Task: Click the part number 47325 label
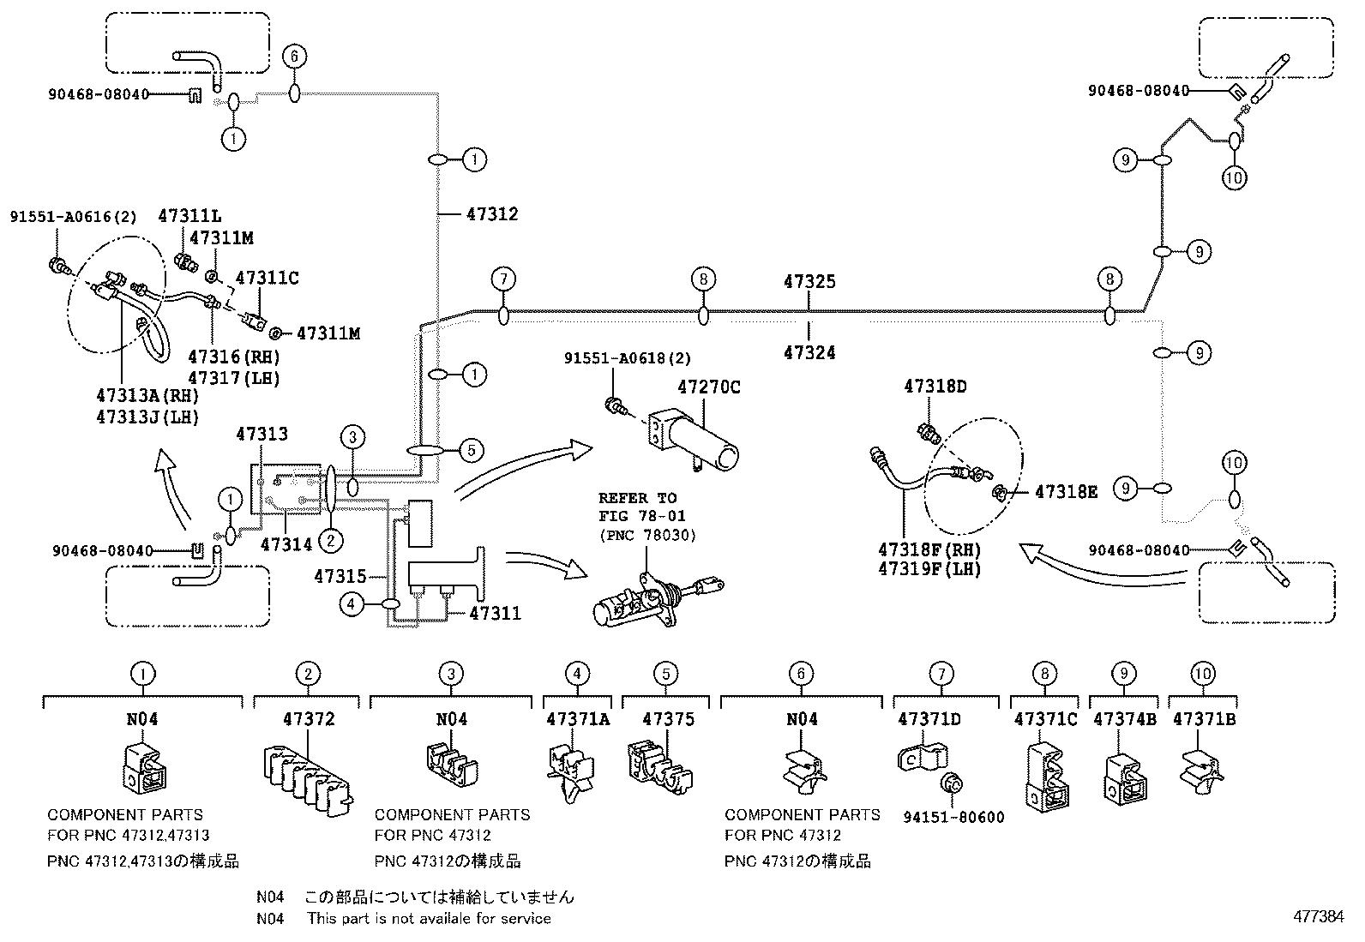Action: pos(809,281)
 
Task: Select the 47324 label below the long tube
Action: pos(809,352)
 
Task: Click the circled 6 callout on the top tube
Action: pos(293,57)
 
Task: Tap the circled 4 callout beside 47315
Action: pos(351,604)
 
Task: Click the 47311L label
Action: pos(189,217)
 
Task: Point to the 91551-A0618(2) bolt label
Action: pos(627,358)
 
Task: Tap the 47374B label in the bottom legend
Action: pos(1124,719)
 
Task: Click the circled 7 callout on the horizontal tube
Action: pos(503,279)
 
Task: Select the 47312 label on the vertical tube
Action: pos(492,213)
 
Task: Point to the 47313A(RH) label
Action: pos(147,395)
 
